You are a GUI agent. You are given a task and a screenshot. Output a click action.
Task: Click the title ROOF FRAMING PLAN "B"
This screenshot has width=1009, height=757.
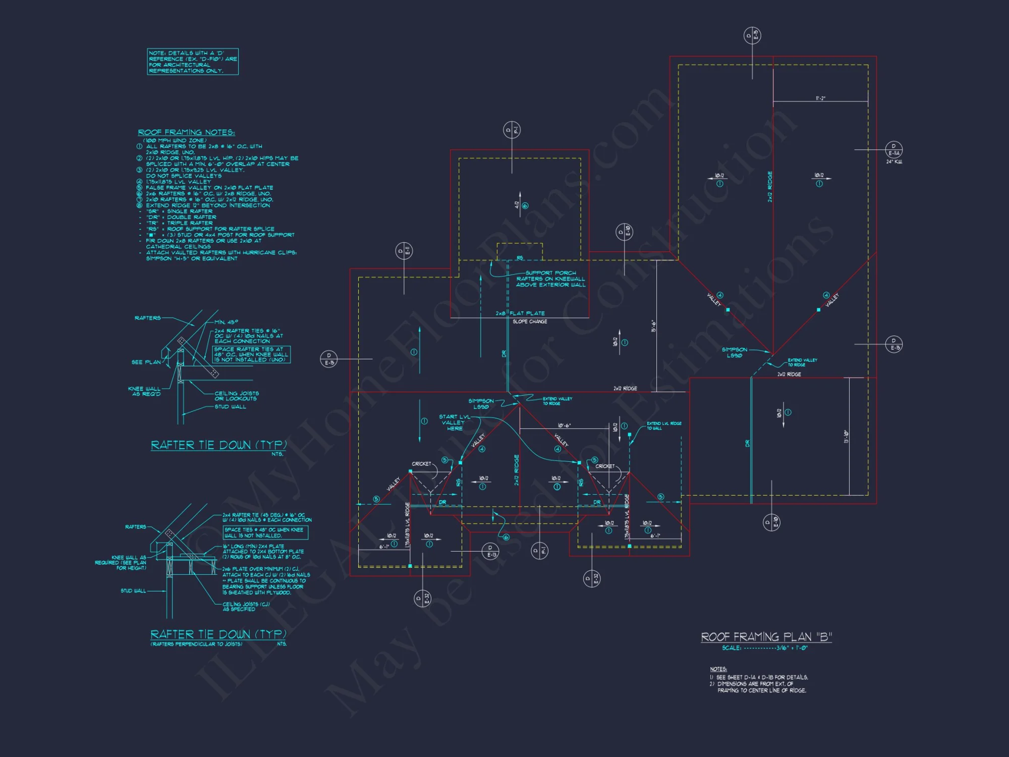[766, 637]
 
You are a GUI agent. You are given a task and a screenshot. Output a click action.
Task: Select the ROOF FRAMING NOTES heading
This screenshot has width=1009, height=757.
[186, 132]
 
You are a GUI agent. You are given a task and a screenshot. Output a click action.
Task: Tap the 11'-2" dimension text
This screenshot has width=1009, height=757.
[820, 98]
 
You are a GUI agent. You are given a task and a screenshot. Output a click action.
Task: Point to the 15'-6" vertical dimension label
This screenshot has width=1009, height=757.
[653, 326]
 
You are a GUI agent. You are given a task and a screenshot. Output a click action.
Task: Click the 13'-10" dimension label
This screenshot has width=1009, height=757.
[846, 436]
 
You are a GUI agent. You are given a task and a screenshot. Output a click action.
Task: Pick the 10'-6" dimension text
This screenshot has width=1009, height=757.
[564, 425]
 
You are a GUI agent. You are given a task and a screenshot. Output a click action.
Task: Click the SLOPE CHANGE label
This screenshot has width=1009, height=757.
[530, 321]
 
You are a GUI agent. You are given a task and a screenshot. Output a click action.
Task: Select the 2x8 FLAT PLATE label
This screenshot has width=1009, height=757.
[520, 313]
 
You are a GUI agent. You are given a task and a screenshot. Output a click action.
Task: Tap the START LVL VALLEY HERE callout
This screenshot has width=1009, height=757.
[454, 422]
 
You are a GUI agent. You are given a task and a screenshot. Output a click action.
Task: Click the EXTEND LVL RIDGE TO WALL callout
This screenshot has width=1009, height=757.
[663, 425]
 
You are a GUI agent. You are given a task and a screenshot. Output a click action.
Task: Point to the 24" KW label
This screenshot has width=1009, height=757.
[894, 162]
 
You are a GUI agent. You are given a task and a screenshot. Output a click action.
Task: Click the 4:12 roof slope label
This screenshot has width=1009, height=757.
[517, 205]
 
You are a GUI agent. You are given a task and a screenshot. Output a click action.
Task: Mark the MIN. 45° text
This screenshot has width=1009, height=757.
[226, 322]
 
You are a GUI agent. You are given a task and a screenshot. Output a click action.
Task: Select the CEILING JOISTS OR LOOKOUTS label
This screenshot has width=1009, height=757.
[236, 396]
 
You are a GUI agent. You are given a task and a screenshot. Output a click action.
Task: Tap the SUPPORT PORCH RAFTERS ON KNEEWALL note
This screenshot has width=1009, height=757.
[550, 279]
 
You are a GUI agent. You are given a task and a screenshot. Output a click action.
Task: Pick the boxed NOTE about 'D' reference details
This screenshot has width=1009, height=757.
[192, 62]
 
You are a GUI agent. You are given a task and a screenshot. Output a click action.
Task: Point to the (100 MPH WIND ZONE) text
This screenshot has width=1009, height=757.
[174, 140]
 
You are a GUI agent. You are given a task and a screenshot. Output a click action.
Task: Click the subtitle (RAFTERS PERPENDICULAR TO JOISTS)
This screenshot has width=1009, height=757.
[196, 644]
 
